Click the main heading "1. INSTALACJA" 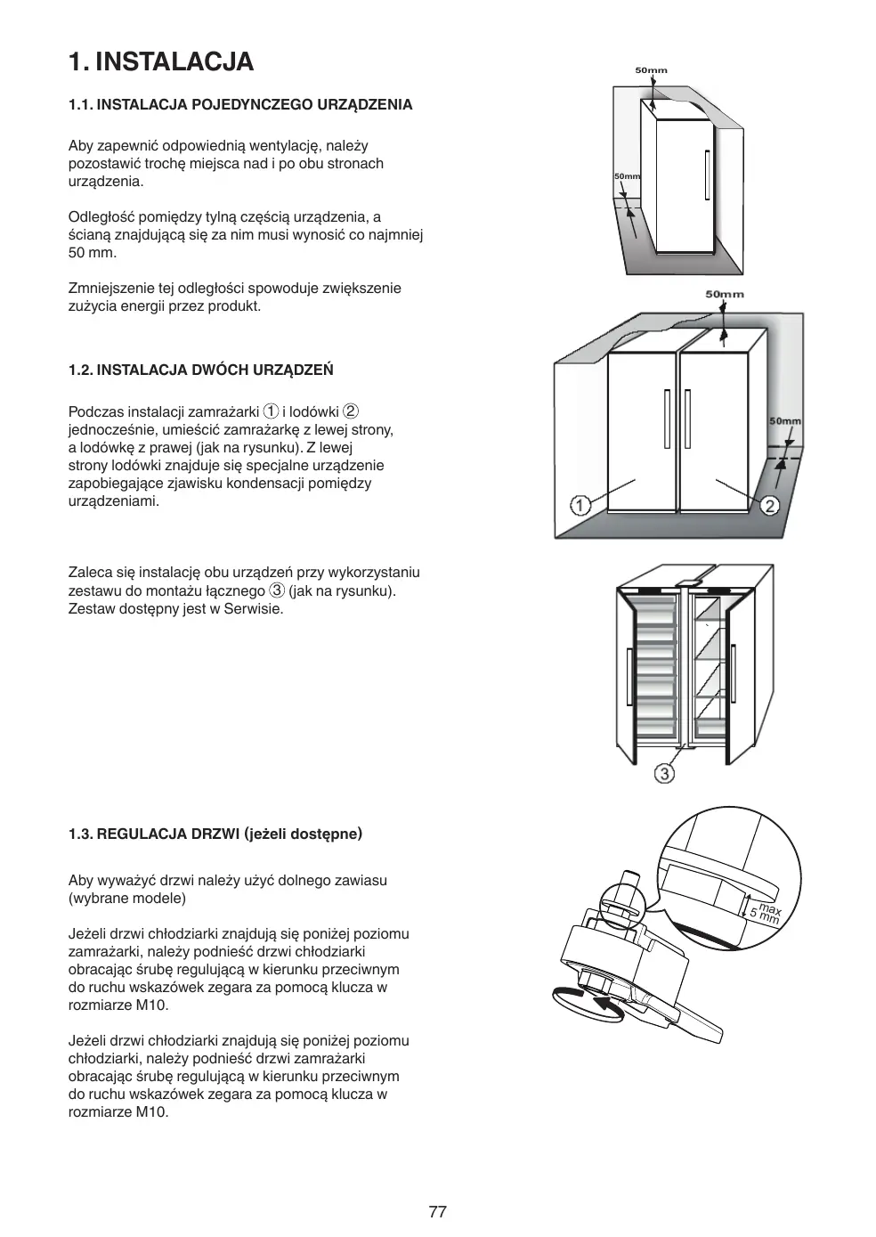(161, 61)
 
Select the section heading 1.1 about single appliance (240, 104)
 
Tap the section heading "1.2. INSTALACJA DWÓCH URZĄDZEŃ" (201, 370)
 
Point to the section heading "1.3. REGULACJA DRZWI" (215, 834)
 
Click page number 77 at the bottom (437, 1211)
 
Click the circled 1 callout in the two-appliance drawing (580, 506)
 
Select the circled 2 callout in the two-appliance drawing (770, 506)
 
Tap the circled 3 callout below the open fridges (664, 773)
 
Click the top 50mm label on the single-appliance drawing (651, 70)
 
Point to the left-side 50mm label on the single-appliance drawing (627, 176)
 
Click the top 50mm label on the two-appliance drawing (725, 294)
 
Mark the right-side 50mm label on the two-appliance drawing (784, 421)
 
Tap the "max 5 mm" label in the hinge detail (764, 913)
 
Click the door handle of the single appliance (707, 175)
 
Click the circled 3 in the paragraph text (277, 590)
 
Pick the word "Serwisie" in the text (253, 609)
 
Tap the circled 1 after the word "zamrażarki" (272, 411)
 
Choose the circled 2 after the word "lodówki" (351, 411)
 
